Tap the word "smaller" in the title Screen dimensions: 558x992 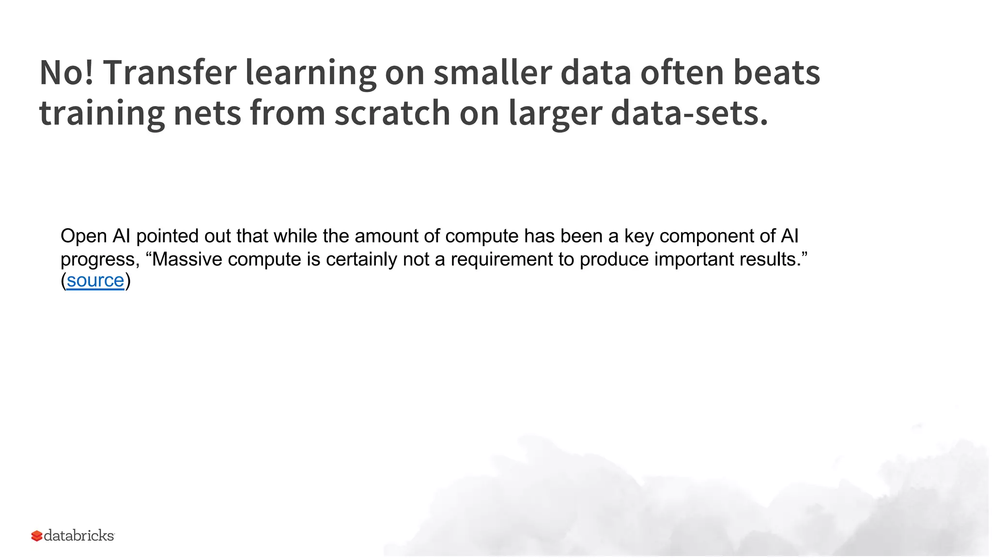pyautogui.click(x=492, y=73)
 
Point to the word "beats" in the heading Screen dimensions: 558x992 pyautogui.click(x=776, y=73)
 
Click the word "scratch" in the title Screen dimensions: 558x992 pyautogui.click(x=392, y=113)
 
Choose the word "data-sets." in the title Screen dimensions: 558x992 pyautogui.click(x=689, y=113)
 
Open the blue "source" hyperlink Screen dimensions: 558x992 pyautogui.click(x=95, y=280)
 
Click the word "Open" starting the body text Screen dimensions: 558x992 pyautogui.click(x=83, y=236)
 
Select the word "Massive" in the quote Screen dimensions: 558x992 pyautogui.click(x=187, y=259)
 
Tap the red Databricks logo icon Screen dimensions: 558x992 pyautogui.click(x=37, y=536)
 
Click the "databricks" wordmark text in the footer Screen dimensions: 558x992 pyautogui.click(x=79, y=536)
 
